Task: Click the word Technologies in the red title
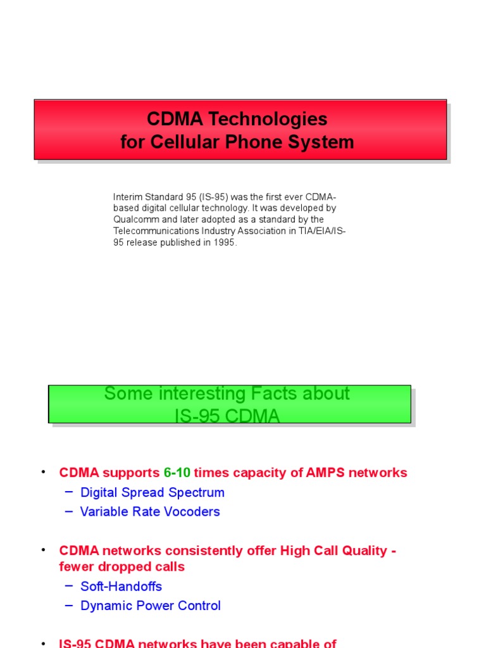point(273,119)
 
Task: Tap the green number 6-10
point(177,473)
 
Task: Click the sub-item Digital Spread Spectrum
point(153,492)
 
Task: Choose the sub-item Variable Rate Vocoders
point(150,511)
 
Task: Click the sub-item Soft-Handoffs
point(121,586)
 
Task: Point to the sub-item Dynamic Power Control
point(151,606)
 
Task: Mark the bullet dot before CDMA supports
point(43,472)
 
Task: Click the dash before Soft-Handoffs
point(69,586)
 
